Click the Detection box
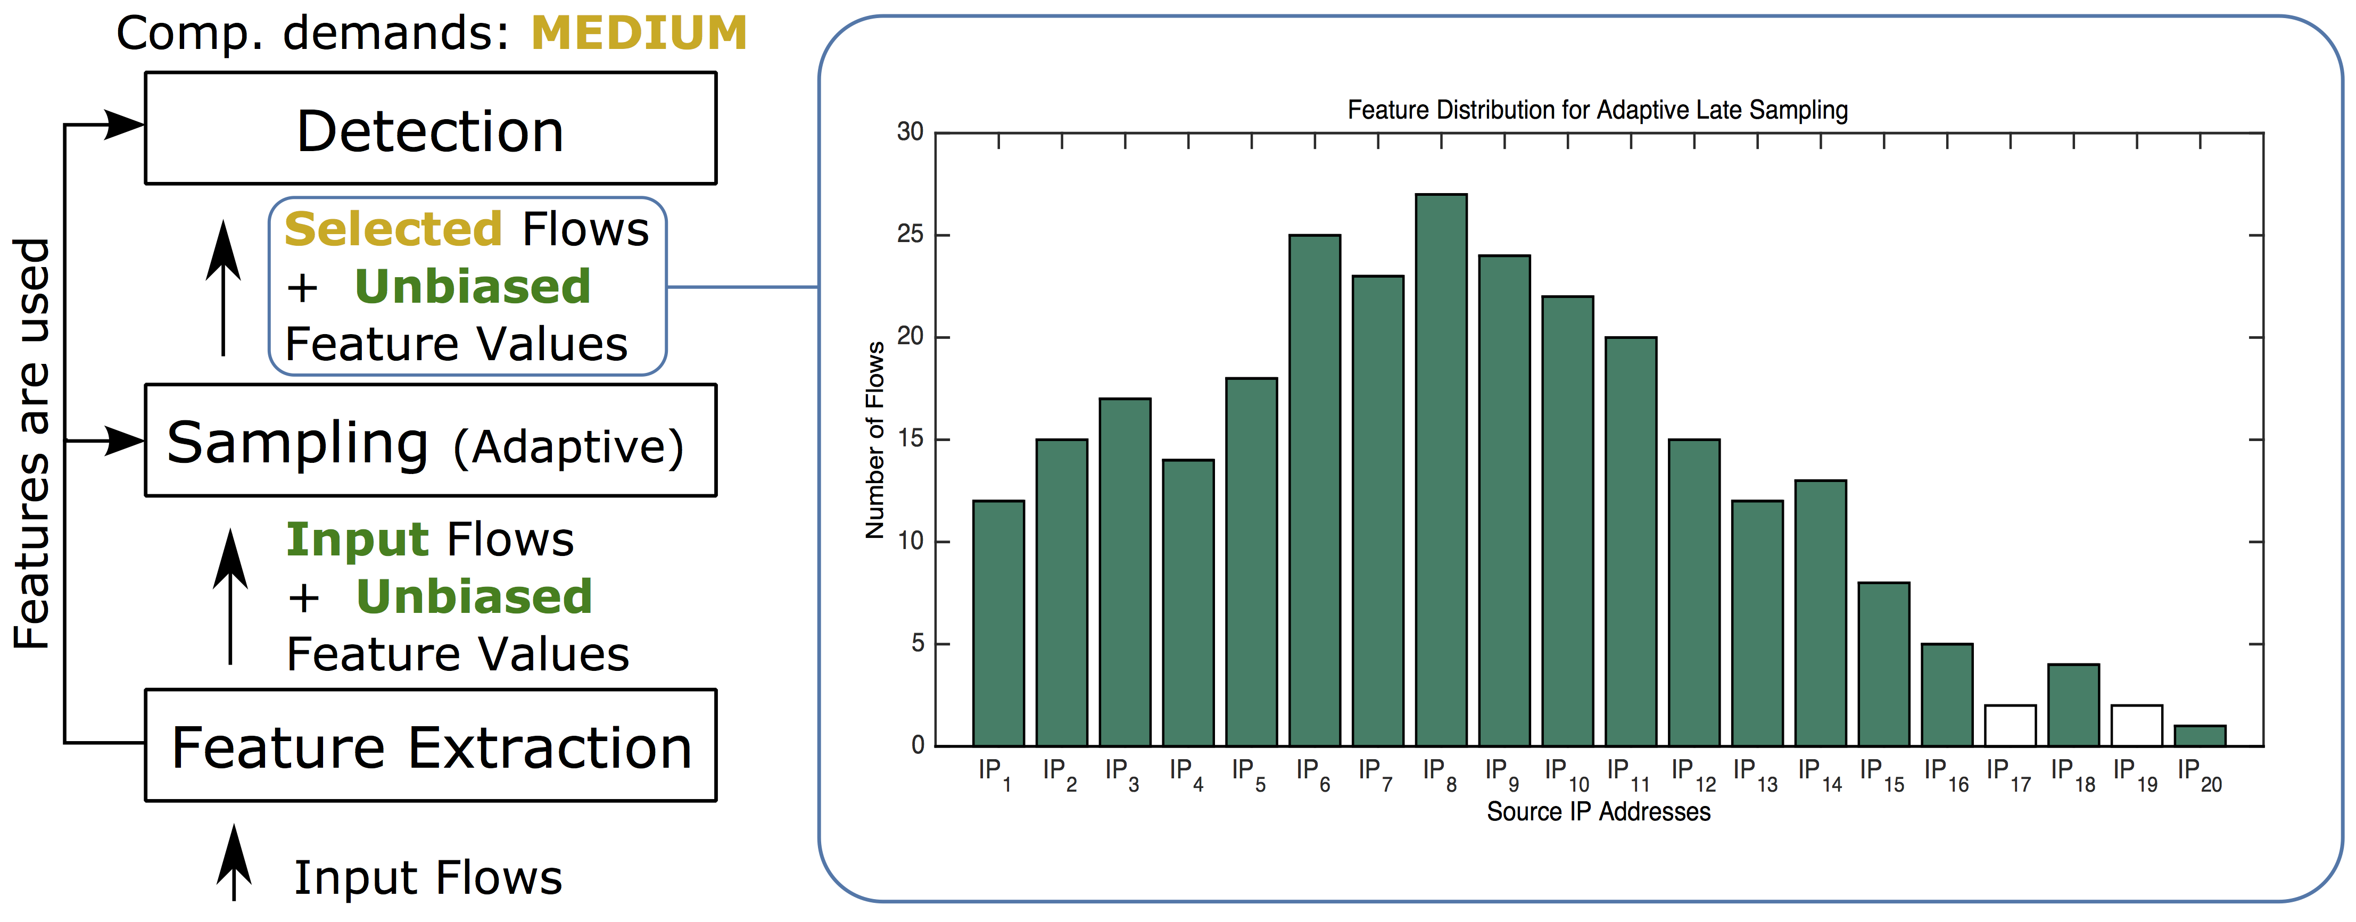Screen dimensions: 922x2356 pyautogui.click(x=430, y=128)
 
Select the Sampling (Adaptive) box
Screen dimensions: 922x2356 pyautogui.click(x=430, y=441)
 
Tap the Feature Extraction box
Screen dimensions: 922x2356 pyautogui.click(x=430, y=746)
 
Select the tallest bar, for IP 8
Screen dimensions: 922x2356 pyautogui.click(x=1441, y=470)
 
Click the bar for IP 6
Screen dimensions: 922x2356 pyautogui.click(x=1315, y=491)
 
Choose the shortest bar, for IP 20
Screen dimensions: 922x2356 pyautogui.click(x=2200, y=736)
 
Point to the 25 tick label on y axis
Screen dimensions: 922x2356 pyautogui.click(x=910, y=235)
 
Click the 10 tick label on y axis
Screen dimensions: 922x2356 pyautogui.click(x=910, y=542)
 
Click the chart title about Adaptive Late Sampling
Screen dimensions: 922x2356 pyautogui.click(x=1597, y=111)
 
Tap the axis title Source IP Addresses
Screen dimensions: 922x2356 pyautogui.click(x=1598, y=812)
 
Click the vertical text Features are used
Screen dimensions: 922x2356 pyautogui.click(x=33, y=444)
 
